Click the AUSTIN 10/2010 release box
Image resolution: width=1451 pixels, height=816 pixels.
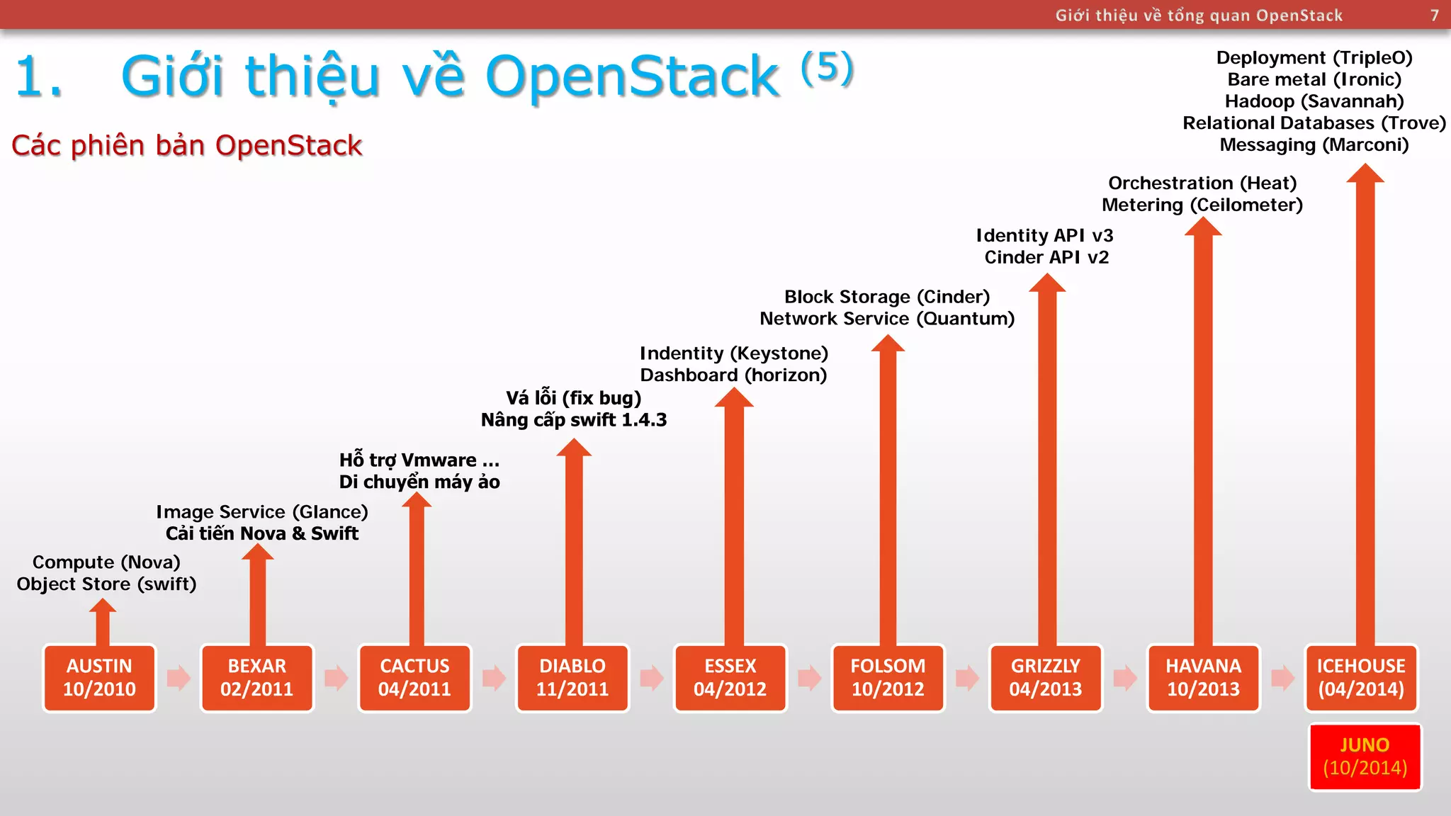(99, 678)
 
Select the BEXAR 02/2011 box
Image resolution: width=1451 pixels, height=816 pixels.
(256, 678)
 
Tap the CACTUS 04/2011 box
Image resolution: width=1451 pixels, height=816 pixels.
(414, 678)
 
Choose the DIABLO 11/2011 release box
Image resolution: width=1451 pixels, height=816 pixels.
(572, 678)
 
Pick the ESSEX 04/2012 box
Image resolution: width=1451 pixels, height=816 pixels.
(730, 678)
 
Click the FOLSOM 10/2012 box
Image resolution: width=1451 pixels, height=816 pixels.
(888, 678)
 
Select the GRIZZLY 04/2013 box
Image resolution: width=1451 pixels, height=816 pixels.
(1046, 678)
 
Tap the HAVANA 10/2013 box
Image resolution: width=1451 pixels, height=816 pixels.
(1204, 678)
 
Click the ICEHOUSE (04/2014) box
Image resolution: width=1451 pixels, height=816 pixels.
(1361, 678)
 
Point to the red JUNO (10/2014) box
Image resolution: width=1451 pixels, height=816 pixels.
(1365, 756)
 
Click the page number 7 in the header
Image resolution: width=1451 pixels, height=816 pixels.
(1435, 16)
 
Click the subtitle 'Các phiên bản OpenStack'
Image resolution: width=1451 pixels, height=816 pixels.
(187, 145)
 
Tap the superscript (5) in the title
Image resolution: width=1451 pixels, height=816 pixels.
(827, 68)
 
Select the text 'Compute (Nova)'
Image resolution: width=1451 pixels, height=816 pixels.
(106, 562)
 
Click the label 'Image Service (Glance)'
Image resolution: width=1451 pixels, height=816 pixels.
(262, 511)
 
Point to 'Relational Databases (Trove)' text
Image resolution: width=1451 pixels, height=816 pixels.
(1314, 123)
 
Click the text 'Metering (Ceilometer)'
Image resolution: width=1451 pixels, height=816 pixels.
(1202, 205)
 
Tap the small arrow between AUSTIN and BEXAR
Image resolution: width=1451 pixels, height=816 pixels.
(179, 678)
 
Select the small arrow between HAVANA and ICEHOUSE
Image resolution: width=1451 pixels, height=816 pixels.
(1282, 678)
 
